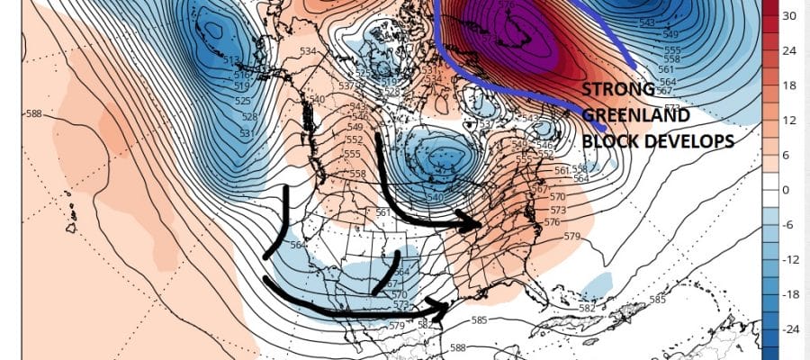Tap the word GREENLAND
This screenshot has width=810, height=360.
pos(634,116)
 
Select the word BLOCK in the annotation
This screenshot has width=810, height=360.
pos(610,141)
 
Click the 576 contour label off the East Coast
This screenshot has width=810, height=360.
pos(552,222)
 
